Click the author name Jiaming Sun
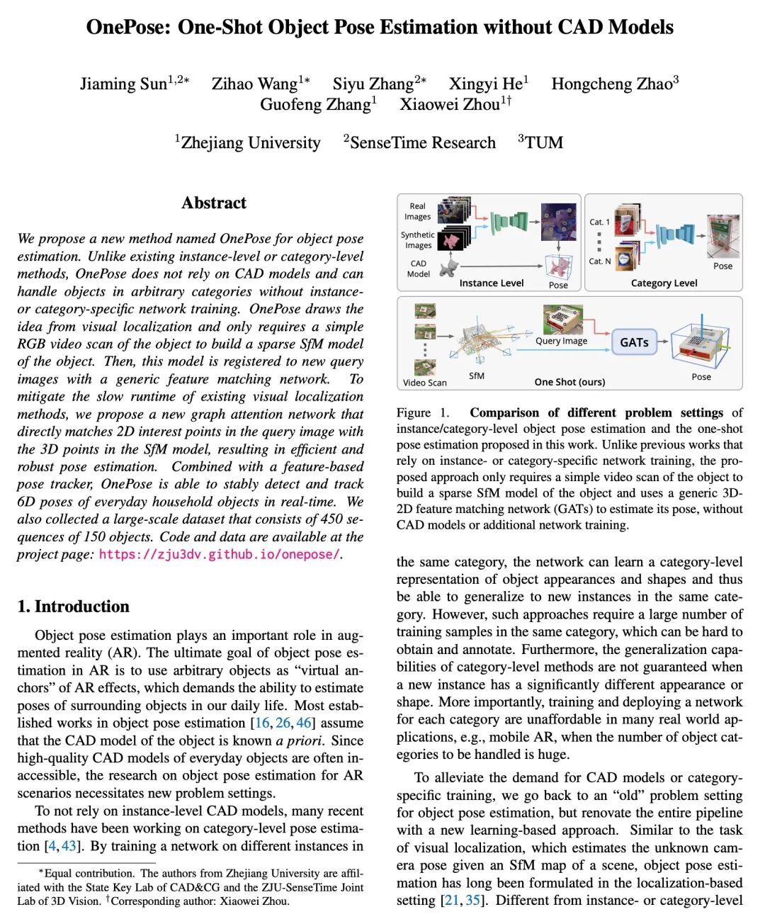pyautogui.click(x=123, y=84)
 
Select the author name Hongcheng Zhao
pyautogui.click(x=611, y=84)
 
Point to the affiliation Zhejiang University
pyautogui.click(x=251, y=143)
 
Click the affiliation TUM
pyautogui.click(x=544, y=143)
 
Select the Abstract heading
pyautogui.click(x=214, y=203)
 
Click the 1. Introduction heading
pyautogui.click(x=74, y=607)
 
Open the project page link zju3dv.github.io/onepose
pyautogui.click(x=219, y=555)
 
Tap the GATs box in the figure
pyautogui.click(x=634, y=342)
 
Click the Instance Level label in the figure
pyautogui.click(x=492, y=283)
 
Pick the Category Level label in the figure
pyautogui.click(x=664, y=283)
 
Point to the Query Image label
pyautogui.click(x=561, y=341)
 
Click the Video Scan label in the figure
pyautogui.click(x=425, y=383)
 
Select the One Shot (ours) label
pyautogui.click(x=569, y=382)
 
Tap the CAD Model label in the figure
pyautogui.click(x=419, y=269)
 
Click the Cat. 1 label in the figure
pyautogui.click(x=599, y=222)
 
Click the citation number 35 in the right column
pyautogui.click(x=472, y=901)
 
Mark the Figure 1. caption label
pyautogui.click(x=423, y=413)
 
